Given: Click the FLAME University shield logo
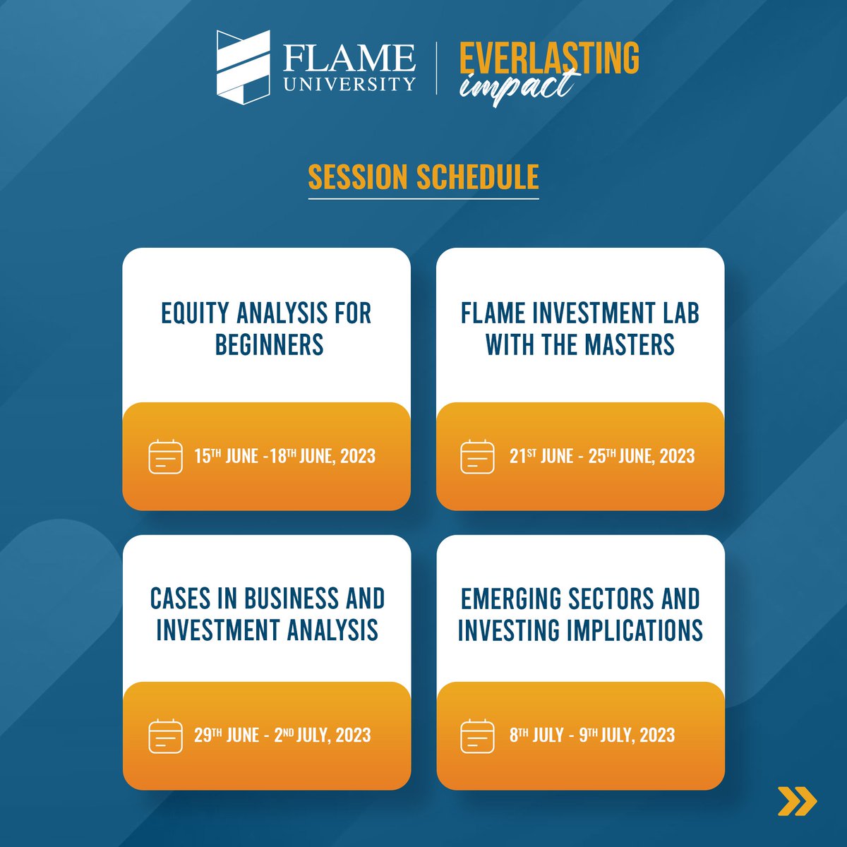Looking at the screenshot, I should click(x=243, y=67).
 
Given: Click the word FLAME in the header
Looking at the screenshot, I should click(x=349, y=57).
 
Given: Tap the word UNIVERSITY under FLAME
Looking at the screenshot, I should click(x=349, y=84).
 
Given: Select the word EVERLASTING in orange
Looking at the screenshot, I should click(x=549, y=57).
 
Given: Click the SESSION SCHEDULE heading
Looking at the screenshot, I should click(x=423, y=177).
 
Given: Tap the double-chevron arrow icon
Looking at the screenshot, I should click(x=797, y=800).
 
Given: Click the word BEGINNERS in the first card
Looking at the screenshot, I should click(x=269, y=344).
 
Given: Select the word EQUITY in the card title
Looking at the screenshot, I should click(x=195, y=313).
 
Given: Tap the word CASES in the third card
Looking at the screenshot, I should click(x=180, y=599).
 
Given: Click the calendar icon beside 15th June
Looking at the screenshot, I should click(x=166, y=457).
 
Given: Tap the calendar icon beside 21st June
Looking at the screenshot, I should click(x=477, y=457).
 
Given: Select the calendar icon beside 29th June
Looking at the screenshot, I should click(x=166, y=735).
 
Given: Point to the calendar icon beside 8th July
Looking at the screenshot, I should click(x=477, y=735).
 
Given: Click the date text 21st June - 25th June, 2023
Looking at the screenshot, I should click(x=602, y=456).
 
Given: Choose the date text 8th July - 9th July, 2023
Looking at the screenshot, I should click(x=592, y=735).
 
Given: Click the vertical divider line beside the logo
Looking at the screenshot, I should click(x=437, y=67).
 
